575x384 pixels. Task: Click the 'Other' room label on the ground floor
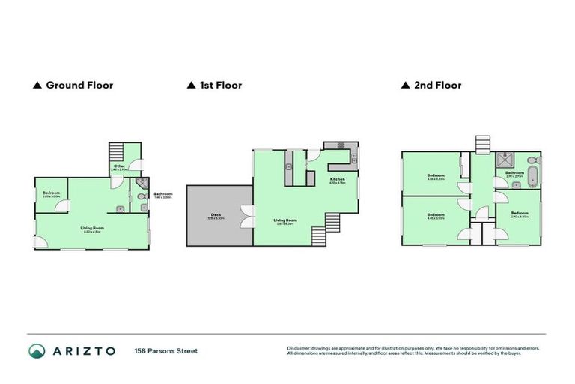click(119, 167)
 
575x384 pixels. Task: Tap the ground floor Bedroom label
click(51, 194)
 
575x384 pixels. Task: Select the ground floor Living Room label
click(92, 228)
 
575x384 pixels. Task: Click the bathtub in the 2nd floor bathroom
click(532, 178)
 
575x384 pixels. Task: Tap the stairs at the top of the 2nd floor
click(483, 143)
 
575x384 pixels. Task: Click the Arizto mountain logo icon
click(37, 350)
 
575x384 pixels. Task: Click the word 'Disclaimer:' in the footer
click(299, 348)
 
